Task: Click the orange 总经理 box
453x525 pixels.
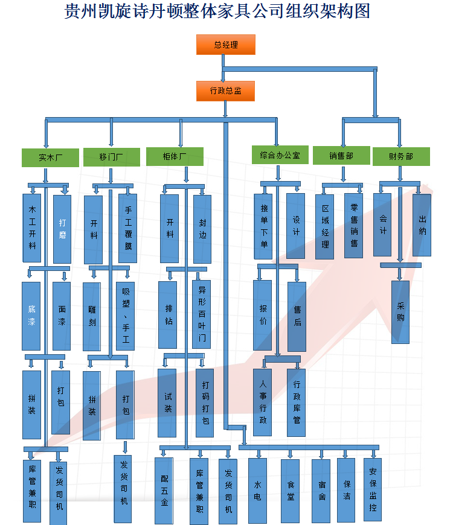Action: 225,45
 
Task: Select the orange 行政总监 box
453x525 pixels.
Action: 225,91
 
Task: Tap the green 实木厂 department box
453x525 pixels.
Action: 51,157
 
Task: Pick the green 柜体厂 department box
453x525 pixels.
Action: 175,156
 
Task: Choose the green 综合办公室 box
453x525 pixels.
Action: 280,155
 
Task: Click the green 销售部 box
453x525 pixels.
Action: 341,156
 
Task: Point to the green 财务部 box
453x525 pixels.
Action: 401,156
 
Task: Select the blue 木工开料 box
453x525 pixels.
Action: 32,229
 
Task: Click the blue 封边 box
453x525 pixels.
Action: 202,229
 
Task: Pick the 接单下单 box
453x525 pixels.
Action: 263,226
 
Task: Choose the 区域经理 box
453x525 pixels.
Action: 325,226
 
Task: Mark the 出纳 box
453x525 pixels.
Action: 422,224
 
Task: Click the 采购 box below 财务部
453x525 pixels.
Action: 400,311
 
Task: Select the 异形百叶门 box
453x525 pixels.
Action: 202,314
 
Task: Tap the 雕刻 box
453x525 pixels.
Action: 92,316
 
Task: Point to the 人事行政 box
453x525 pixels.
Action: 262,402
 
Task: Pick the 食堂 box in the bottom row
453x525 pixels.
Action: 290,491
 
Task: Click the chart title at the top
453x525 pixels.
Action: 217,11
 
